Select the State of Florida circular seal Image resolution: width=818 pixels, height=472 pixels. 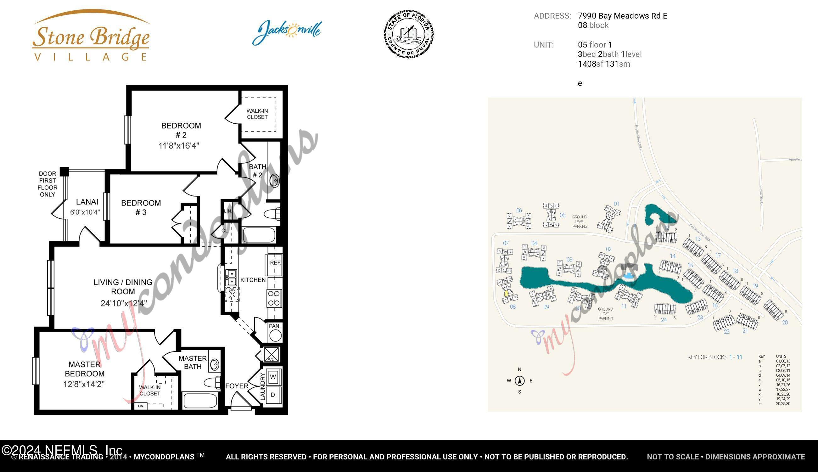pos(409,34)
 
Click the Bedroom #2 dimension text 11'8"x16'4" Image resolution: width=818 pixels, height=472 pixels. pos(179,146)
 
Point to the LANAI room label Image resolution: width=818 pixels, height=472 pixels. pos(87,202)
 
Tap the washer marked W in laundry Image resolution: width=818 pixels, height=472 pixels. pos(273,377)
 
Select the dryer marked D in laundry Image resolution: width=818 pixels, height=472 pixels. pos(273,395)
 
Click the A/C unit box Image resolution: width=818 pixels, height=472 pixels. pos(271,355)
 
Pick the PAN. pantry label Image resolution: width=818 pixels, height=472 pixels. pos(275,326)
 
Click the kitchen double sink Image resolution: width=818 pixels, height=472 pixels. pos(231,278)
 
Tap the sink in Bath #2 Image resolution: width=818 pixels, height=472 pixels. pos(274,181)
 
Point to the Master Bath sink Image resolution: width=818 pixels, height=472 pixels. pos(214,365)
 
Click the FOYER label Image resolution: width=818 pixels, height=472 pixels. pos(237,386)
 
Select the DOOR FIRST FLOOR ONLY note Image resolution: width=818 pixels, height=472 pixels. pos(47,184)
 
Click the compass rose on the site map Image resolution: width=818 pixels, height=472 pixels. pos(519,380)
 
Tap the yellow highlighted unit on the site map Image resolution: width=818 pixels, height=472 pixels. pos(506,294)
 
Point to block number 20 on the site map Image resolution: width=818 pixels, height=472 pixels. pos(785,322)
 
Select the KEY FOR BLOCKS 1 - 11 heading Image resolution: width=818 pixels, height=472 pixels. pos(714,357)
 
